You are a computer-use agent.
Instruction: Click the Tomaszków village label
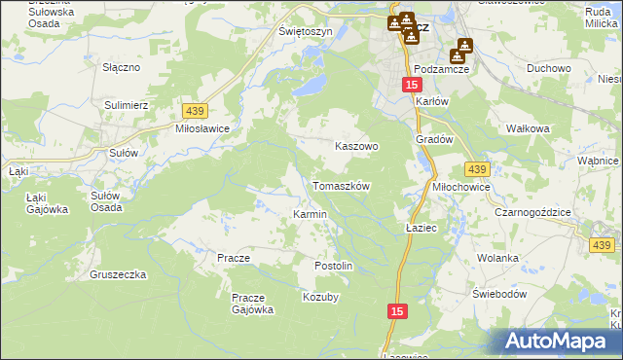coord(341,185)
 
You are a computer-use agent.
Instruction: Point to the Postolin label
coord(333,266)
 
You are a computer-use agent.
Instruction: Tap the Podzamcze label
coord(442,70)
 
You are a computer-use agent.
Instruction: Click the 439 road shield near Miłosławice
coord(192,112)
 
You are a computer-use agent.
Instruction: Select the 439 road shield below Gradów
coord(476,169)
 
